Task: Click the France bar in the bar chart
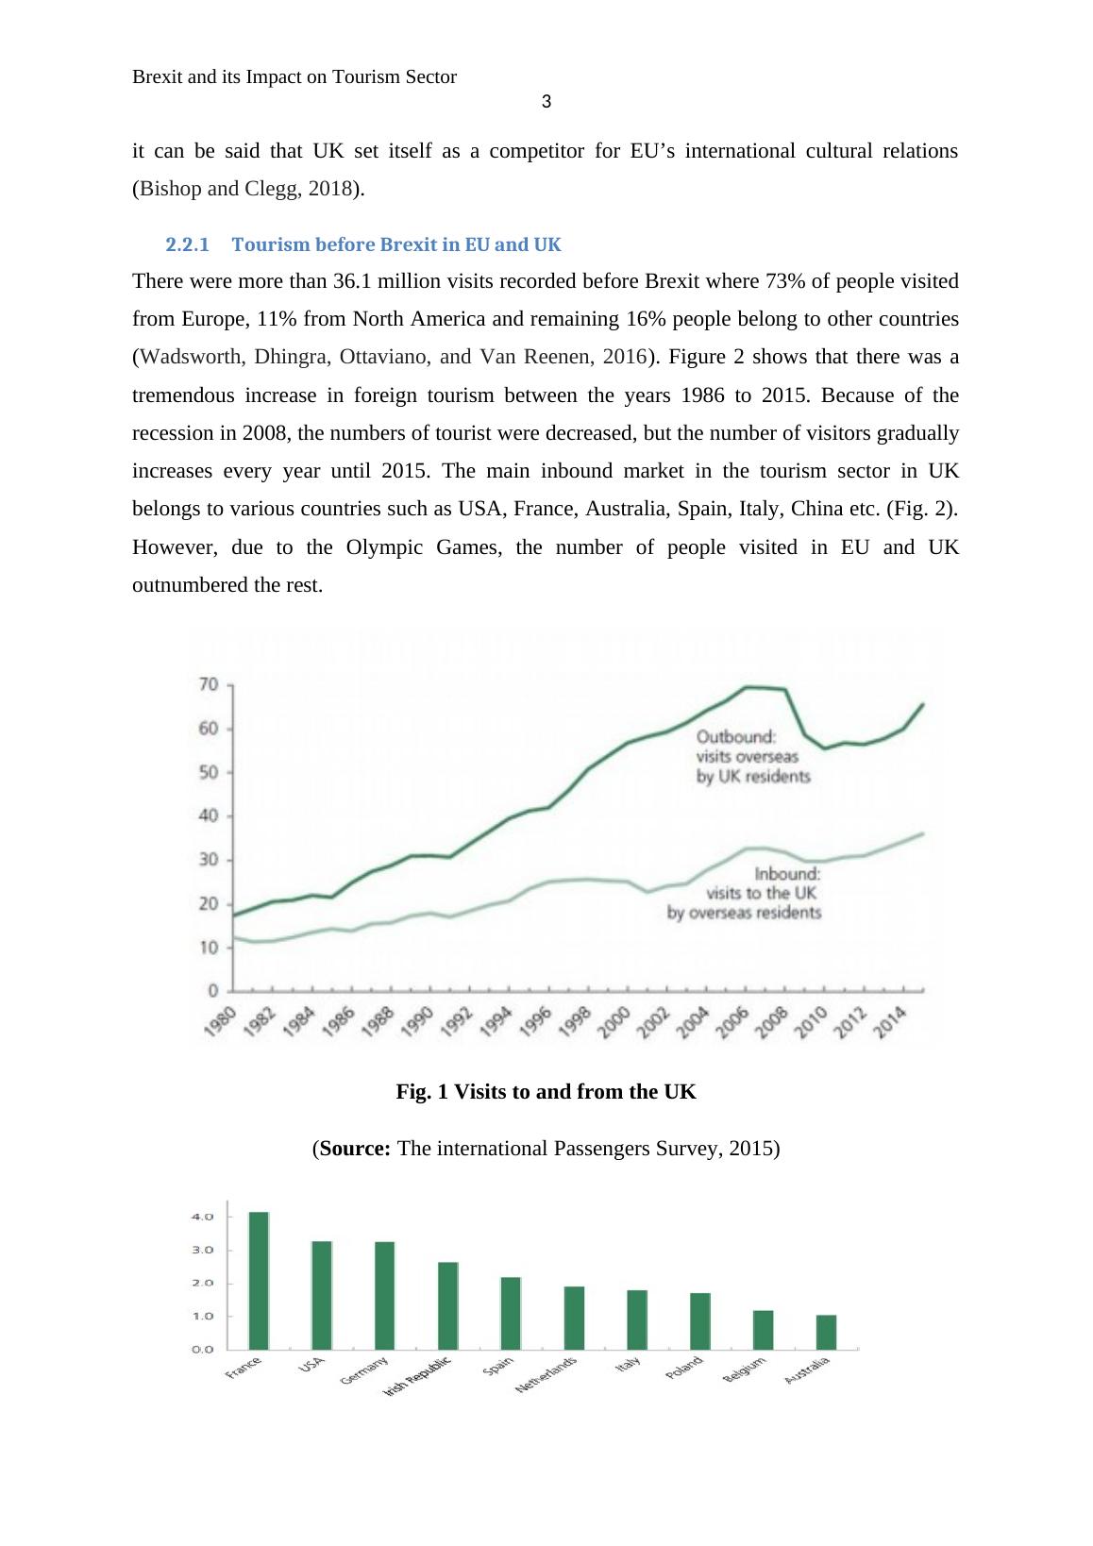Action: tap(259, 1280)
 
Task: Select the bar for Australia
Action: tap(826, 1332)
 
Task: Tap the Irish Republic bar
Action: tap(448, 1305)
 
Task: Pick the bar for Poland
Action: tap(700, 1320)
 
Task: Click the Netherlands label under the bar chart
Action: tap(546, 1375)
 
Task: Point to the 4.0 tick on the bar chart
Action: tap(203, 1217)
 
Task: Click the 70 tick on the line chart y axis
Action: tap(208, 684)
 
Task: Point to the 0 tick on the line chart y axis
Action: tap(213, 991)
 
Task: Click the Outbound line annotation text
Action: tap(753, 756)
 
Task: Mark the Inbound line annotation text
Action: tap(745, 894)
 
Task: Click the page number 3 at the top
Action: tap(546, 102)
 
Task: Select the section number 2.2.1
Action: tap(187, 245)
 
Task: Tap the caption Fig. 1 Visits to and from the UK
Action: tap(546, 1092)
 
